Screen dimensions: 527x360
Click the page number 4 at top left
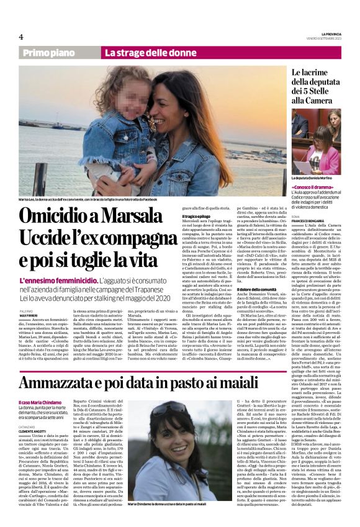[x=21, y=37]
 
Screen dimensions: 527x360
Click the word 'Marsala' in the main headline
[x=137, y=217]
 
